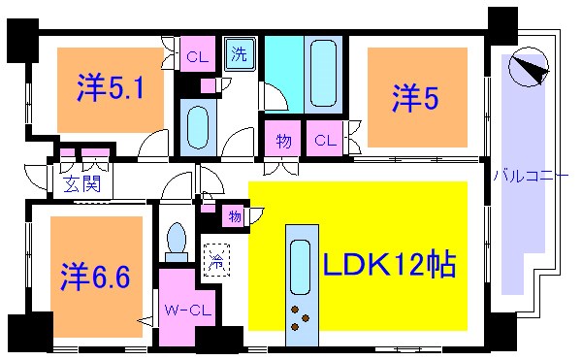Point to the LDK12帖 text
tap(389, 264)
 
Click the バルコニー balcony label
tap(531, 176)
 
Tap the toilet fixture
tap(177, 244)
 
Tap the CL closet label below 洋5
tap(326, 139)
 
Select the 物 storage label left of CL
tap(283, 139)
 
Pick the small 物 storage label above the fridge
tap(236, 215)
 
